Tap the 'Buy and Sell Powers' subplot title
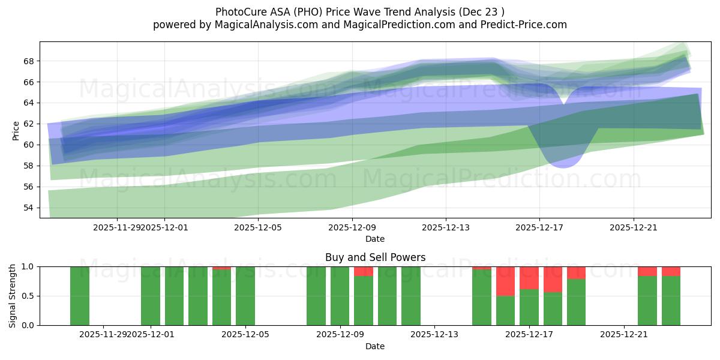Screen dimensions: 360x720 tap(375, 257)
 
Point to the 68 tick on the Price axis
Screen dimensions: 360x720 tap(29, 61)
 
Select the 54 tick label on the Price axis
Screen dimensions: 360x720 tap(29, 208)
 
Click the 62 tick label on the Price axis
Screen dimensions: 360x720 tap(29, 124)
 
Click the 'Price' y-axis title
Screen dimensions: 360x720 tap(16, 130)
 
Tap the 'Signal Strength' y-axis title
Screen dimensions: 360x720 tap(13, 296)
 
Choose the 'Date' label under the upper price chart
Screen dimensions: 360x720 tap(375, 239)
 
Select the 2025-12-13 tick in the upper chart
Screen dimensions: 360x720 tap(445, 227)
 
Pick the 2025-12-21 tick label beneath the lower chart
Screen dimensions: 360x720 tap(625, 334)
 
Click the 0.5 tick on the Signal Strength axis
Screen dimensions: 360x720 tap(28, 296)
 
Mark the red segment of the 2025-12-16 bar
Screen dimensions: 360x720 tap(505, 281)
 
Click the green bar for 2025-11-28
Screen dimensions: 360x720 tap(80, 296)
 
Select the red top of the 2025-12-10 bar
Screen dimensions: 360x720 tap(364, 271)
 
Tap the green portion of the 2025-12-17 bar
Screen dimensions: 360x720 tap(529, 307)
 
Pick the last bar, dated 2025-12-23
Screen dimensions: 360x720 tap(671, 300)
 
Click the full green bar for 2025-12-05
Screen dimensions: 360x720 tap(245, 296)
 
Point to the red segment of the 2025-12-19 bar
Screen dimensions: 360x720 tap(576, 272)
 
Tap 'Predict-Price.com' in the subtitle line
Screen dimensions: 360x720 tap(528, 25)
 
